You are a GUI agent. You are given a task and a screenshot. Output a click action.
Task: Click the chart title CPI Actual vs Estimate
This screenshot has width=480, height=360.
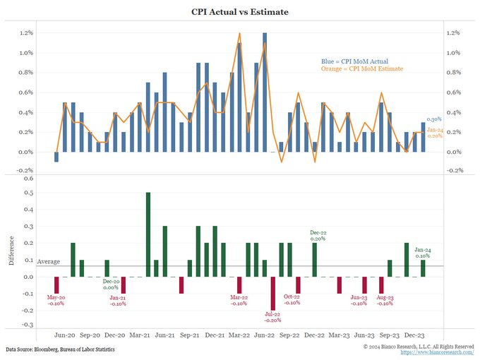[240, 12]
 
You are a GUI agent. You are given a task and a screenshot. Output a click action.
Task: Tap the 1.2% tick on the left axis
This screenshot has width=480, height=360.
[26, 33]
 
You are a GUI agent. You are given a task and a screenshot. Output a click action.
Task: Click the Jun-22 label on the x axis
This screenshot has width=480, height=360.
[265, 336]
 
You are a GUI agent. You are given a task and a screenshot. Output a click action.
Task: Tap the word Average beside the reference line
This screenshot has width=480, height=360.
[49, 262]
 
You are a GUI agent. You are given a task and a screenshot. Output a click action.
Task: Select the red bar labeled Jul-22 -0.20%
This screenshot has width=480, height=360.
[273, 294]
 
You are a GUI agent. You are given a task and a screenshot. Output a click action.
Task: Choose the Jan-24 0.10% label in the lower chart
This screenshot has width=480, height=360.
[424, 253]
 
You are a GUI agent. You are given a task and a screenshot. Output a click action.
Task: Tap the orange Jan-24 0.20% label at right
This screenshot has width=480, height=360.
[435, 133]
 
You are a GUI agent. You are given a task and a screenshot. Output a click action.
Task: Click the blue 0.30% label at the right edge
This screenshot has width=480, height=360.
[434, 121]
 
